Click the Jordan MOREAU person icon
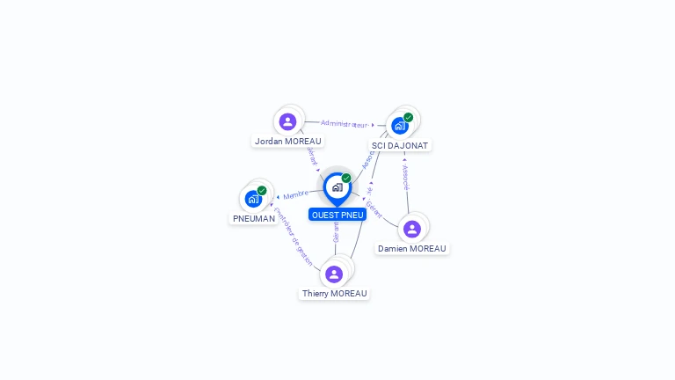click(287, 121)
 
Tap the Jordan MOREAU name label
click(288, 141)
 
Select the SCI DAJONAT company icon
click(400, 125)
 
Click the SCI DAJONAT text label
click(400, 145)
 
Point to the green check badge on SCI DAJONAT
click(409, 117)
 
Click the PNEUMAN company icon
click(253, 198)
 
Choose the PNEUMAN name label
click(254, 218)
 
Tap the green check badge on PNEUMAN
click(262, 190)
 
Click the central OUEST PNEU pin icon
click(337, 187)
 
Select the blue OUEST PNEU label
click(337, 215)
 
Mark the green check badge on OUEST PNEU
click(346, 178)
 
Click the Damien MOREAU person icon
click(412, 229)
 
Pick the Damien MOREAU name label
click(412, 249)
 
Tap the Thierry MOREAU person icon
click(334, 274)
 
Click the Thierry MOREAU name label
click(335, 294)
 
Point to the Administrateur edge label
click(344, 124)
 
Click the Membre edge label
click(296, 194)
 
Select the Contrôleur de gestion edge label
click(293, 237)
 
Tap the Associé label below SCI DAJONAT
click(405, 178)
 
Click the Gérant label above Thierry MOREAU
click(336, 232)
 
